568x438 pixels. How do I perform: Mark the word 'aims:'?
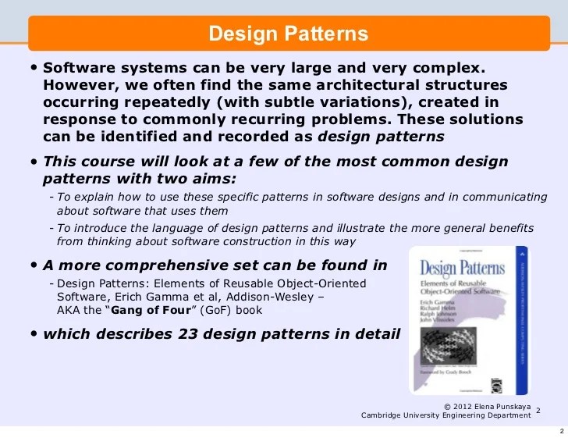click(211, 179)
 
